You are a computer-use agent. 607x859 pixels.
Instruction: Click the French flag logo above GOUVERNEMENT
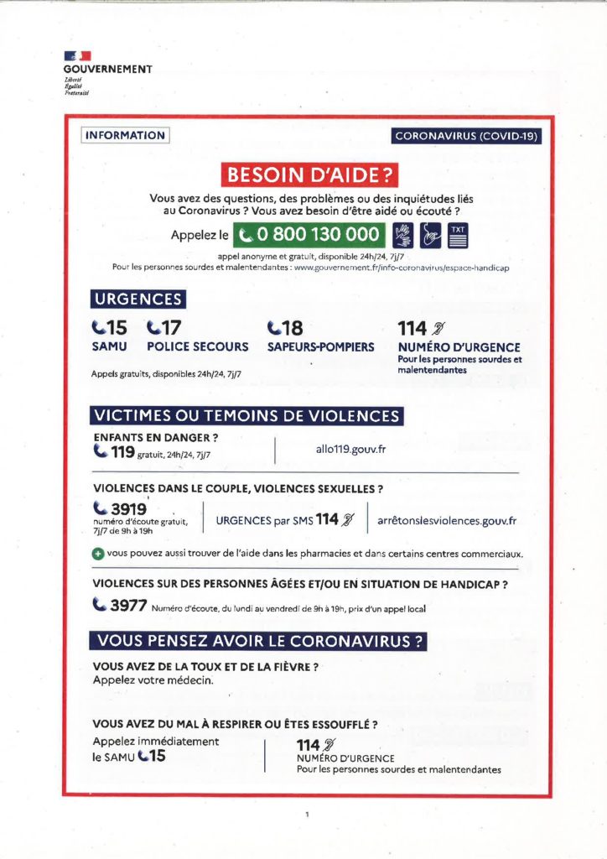78,57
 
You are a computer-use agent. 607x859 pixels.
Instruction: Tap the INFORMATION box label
125,135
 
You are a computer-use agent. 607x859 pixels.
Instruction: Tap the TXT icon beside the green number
458,235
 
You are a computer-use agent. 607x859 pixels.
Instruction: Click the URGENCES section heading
137,299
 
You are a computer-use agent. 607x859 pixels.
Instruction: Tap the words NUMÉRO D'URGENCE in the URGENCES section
459,346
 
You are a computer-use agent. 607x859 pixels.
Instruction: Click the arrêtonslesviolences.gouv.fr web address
447,520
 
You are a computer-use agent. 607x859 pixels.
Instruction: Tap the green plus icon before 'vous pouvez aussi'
98,554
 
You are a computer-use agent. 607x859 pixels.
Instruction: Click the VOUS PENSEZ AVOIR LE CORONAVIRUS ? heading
259,642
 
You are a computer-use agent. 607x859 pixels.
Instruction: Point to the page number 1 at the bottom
308,814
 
